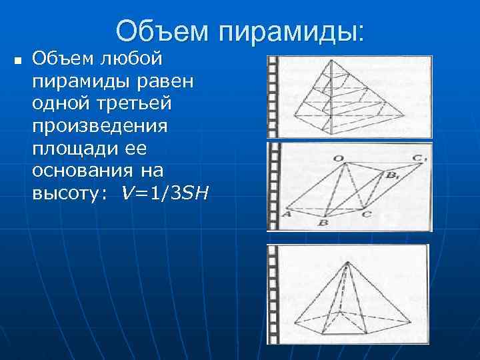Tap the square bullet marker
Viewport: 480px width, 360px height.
pyautogui.click(x=18, y=62)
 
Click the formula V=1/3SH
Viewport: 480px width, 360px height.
pyautogui.click(x=165, y=194)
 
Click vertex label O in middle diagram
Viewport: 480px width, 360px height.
pyautogui.click(x=339, y=158)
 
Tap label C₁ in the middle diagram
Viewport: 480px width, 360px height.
pyautogui.click(x=419, y=158)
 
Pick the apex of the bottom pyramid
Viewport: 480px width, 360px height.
pyautogui.click(x=346, y=263)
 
